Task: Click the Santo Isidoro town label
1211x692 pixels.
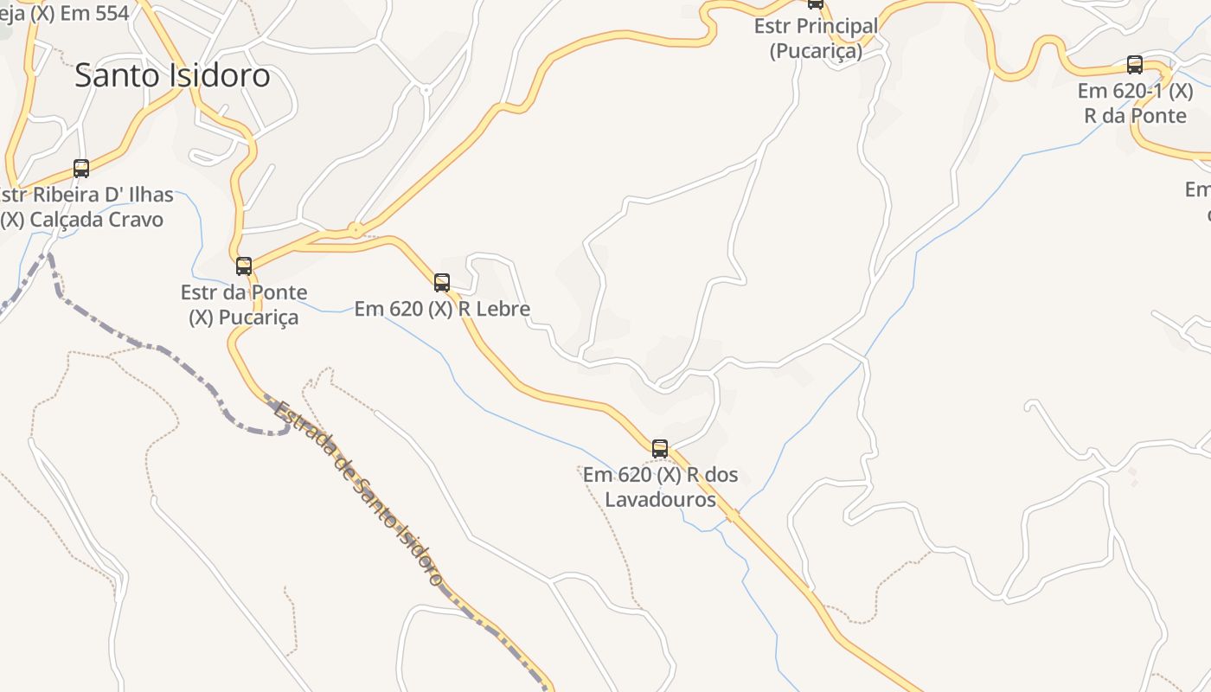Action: point(172,75)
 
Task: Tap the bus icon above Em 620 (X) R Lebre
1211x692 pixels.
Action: point(442,282)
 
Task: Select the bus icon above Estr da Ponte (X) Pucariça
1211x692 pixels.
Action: point(244,266)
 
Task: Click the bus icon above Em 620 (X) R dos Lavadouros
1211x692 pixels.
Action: point(660,448)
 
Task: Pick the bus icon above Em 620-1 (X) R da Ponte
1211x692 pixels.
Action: point(1135,65)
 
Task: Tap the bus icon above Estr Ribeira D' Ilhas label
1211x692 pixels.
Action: point(81,169)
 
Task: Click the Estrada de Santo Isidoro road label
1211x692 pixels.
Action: point(358,493)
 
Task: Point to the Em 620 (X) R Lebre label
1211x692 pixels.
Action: point(442,309)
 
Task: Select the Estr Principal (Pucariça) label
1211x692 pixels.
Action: point(816,38)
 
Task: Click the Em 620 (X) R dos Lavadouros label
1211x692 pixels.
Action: point(660,487)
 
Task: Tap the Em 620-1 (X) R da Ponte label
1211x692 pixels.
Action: point(1135,103)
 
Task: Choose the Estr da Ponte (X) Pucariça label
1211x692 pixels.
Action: point(244,304)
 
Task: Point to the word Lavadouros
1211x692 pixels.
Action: point(660,500)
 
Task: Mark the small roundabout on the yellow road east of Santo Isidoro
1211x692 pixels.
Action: point(355,230)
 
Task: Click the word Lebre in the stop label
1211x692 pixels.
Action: point(499,309)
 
